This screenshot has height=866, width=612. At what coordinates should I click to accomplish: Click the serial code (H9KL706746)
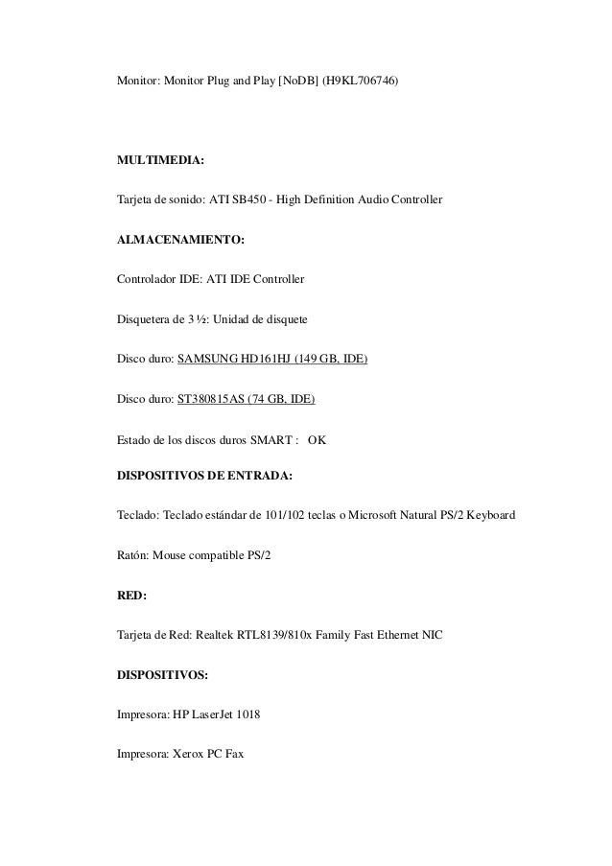[x=360, y=83]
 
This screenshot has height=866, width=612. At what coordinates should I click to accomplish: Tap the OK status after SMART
[x=317, y=440]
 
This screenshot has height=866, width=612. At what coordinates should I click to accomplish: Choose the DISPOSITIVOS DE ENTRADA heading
[x=204, y=474]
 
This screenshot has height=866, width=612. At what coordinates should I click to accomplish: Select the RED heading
[x=131, y=595]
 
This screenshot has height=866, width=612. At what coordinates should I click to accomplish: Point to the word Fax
[x=233, y=754]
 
